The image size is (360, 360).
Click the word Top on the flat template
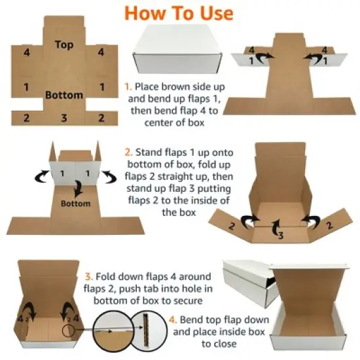64,45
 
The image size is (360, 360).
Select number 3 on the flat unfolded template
64,118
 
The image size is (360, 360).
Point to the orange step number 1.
128,86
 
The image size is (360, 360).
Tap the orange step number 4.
171,320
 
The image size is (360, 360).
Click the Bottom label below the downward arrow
77,204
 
